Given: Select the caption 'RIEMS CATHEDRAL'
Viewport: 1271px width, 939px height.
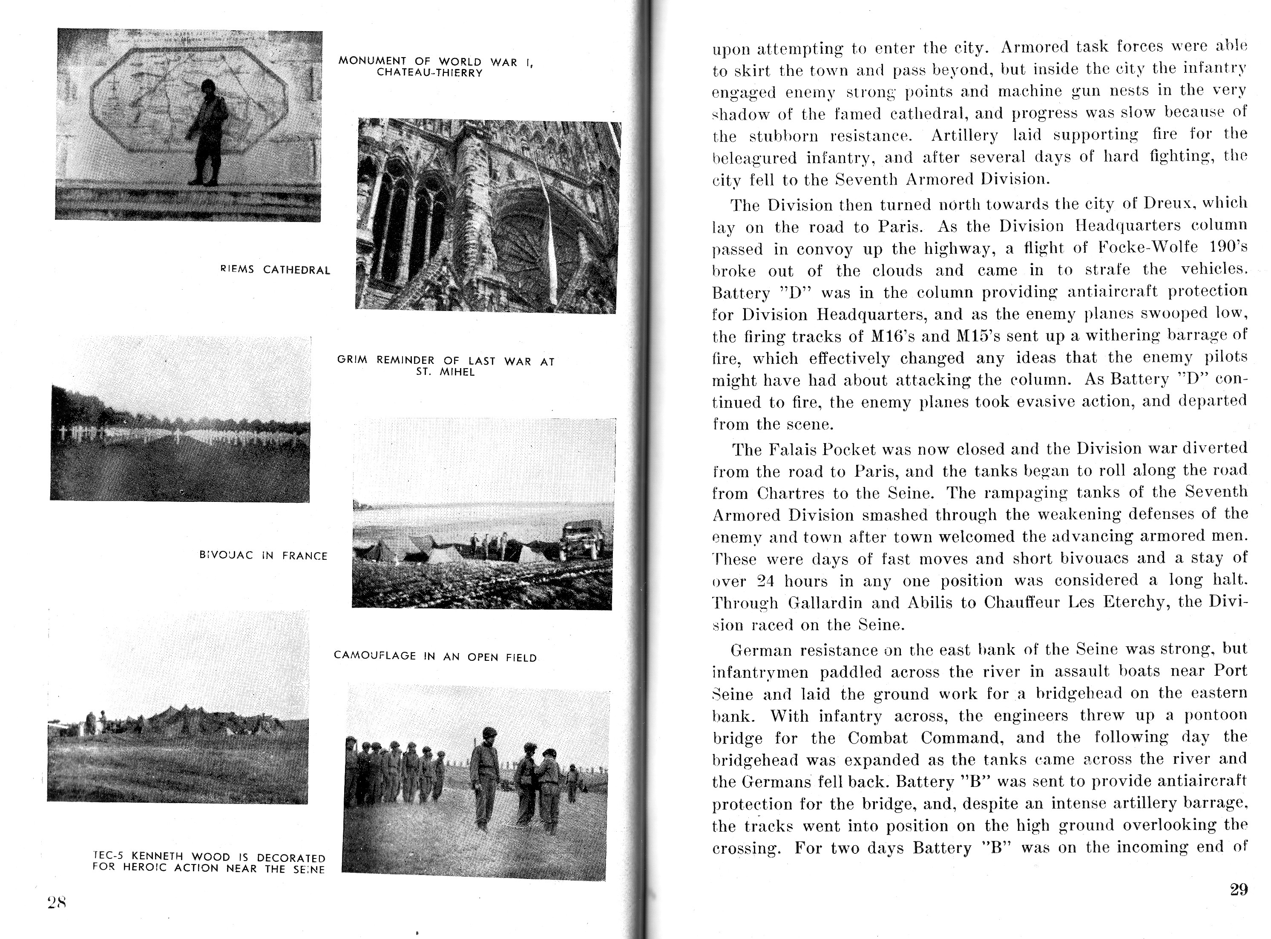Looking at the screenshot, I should [275, 270].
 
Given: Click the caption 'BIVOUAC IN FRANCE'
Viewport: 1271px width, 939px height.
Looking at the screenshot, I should [263, 555].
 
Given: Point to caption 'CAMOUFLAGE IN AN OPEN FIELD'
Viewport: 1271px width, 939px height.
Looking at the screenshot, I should [434, 657].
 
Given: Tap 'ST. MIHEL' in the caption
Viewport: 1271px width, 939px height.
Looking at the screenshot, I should [445, 372].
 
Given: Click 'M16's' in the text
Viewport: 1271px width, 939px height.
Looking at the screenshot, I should [891, 337].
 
